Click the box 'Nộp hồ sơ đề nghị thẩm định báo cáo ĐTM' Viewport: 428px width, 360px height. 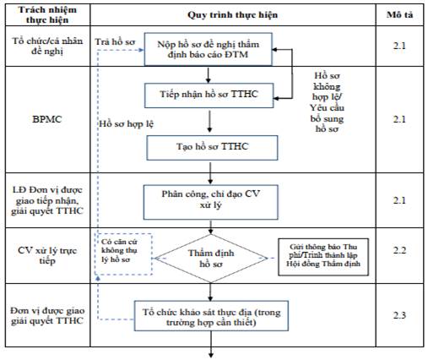(209, 49)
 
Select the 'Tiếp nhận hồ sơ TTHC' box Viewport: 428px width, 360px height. (209, 95)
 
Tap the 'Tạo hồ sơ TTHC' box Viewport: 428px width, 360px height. (212, 148)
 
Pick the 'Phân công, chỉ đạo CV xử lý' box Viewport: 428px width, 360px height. (211, 202)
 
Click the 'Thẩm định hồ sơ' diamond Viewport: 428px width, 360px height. (211, 259)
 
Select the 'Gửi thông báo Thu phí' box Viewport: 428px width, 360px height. (323, 257)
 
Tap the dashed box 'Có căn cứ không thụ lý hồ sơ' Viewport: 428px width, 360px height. (123, 254)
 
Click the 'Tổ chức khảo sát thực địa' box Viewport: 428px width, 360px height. (211, 316)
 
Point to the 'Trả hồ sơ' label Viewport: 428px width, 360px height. (115, 42)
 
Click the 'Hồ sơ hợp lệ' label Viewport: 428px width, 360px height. (127, 124)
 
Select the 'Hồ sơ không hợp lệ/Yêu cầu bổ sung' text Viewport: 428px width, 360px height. (327, 102)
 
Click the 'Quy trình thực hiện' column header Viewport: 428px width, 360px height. (233, 14)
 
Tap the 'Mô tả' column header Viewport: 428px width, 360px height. (399, 14)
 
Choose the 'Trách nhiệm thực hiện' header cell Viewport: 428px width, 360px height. (47, 14)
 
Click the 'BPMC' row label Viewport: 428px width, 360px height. (47, 119)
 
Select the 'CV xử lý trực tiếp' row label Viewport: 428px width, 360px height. (47, 255)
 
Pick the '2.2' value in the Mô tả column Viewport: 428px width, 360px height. (399, 250)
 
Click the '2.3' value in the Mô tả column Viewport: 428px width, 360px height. (399, 315)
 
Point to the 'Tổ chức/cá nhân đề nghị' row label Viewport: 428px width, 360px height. (47, 46)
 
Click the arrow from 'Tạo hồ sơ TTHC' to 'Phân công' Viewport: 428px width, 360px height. (210, 173)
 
